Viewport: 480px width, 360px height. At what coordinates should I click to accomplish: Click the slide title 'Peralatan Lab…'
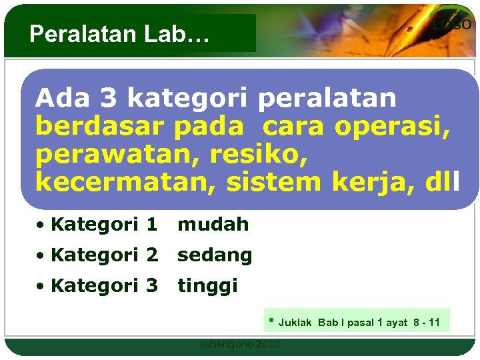[119, 34]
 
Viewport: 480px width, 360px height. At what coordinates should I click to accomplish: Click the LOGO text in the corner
[452, 25]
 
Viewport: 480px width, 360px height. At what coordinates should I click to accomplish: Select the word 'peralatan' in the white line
[327, 99]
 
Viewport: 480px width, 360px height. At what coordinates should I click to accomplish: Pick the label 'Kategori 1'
[103, 225]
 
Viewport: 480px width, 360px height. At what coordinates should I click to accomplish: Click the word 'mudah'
[213, 225]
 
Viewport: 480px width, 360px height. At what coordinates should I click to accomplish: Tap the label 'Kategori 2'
[103, 255]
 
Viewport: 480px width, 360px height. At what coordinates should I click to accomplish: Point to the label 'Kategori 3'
[103, 286]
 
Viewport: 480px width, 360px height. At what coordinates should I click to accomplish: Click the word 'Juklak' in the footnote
[295, 323]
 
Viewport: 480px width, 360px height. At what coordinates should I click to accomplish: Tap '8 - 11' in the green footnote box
[425, 323]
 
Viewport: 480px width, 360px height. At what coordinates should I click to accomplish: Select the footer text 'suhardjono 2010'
[240, 344]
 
